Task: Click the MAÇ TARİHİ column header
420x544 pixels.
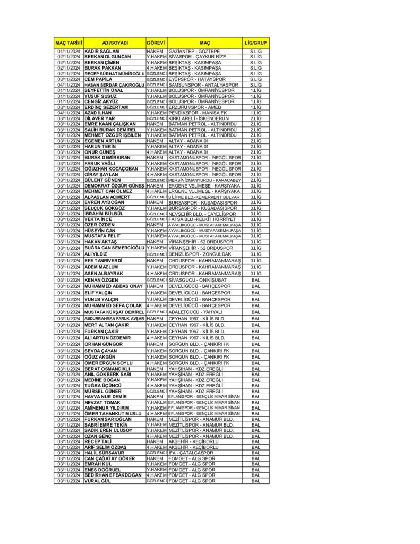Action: pyautogui.click(x=68, y=42)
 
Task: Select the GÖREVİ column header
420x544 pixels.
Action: pyautogui.click(x=156, y=42)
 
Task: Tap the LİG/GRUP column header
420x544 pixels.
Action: pyautogui.click(x=255, y=42)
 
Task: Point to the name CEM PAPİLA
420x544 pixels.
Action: pyautogui.click(x=98, y=79)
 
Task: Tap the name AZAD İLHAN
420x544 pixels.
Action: pyautogui.click(x=98, y=113)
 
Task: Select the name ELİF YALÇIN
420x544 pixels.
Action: pyautogui.click(x=99, y=293)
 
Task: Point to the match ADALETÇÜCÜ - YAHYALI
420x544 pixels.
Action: pyautogui.click(x=195, y=312)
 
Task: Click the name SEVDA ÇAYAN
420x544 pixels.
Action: pyautogui.click(x=101, y=351)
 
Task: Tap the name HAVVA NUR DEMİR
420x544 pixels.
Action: pyautogui.click(x=106, y=397)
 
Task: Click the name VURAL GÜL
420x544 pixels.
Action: pyautogui.click(x=97, y=481)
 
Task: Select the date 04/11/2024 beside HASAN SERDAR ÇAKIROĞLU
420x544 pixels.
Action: pyautogui.click(x=68, y=85)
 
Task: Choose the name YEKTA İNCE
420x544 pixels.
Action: pyautogui.click(x=98, y=219)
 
